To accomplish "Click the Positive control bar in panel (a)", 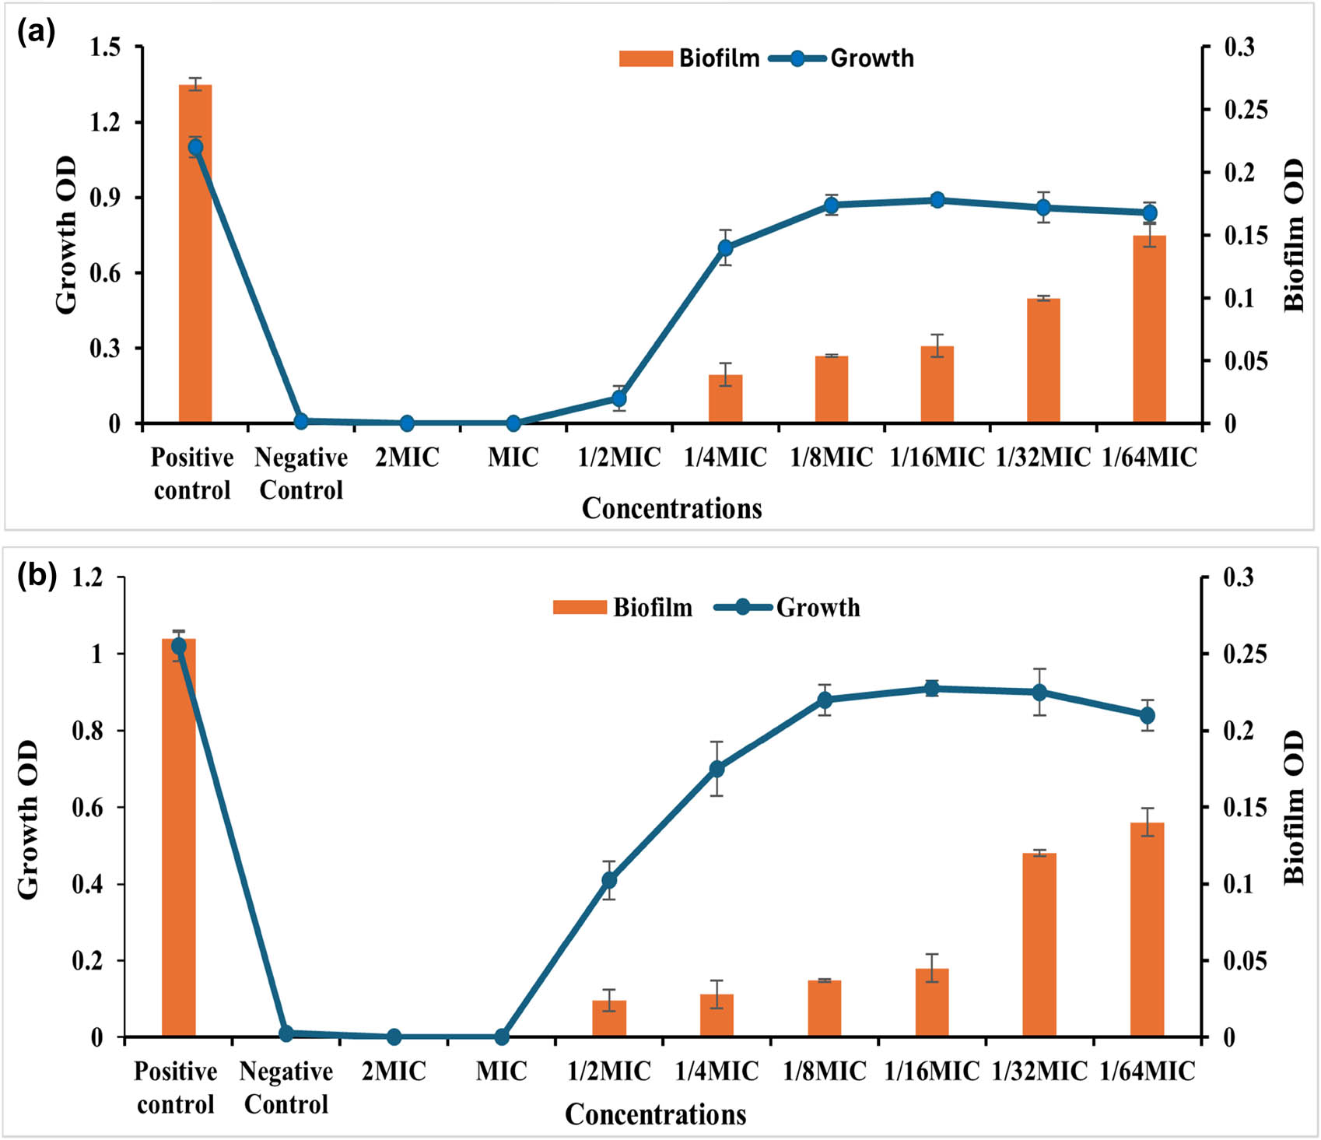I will [x=195, y=257].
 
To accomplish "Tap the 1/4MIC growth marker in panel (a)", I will [x=725, y=248].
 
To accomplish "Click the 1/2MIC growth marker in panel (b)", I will [x=609, y=880].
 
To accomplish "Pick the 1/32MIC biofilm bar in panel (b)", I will [x=1039, y=945].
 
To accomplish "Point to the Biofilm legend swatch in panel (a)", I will [x=645, y=58].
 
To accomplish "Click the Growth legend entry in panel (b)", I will [x=817, y=608].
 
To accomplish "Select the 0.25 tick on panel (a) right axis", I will [x=1245, y=110].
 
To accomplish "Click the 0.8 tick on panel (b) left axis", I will [x=87, y=731].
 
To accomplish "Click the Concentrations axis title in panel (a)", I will [x=671, y=508].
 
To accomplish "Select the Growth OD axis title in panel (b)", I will [x=28, y=819].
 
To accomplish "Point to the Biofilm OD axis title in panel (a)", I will [x=1293, y=236].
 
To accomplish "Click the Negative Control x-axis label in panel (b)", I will [x=286, y=1088].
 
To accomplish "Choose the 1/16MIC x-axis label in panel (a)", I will [x=937, y=458].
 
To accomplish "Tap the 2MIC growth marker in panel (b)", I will [x=394, y=1037].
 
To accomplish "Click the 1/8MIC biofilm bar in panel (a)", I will [x=831, y=390].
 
